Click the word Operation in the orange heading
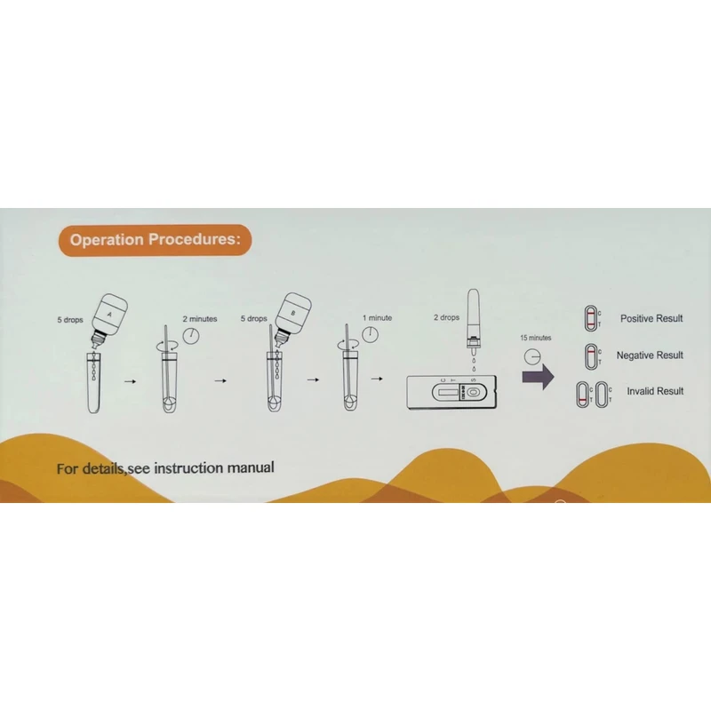coord(106,239)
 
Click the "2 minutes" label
coord(199,317)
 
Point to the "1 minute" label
coord(377,317)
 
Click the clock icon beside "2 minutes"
coord(191,334)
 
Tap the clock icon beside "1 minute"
coord(369,334)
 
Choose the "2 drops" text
coord(446,317)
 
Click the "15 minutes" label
coord(535,338)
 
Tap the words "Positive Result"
coord(651,318)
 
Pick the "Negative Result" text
coord(650,355)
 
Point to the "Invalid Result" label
coord(655,391)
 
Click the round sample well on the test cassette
coord(473,392)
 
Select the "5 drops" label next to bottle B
coord(254,317)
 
